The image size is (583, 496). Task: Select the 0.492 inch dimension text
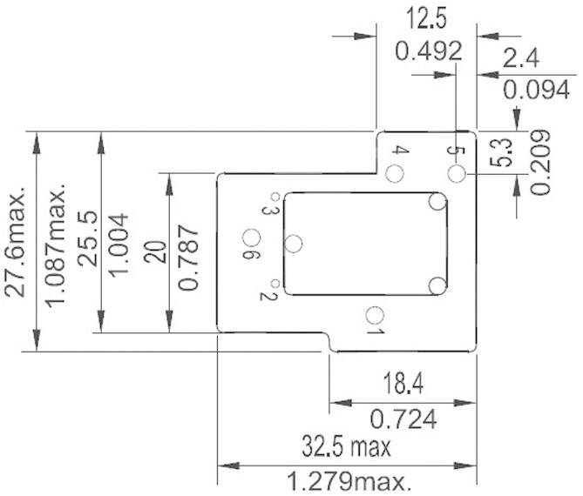[x=427, y=50]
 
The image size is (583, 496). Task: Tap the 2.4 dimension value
[x=522, y=58]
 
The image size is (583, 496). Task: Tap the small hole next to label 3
[x=275, y=197]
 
